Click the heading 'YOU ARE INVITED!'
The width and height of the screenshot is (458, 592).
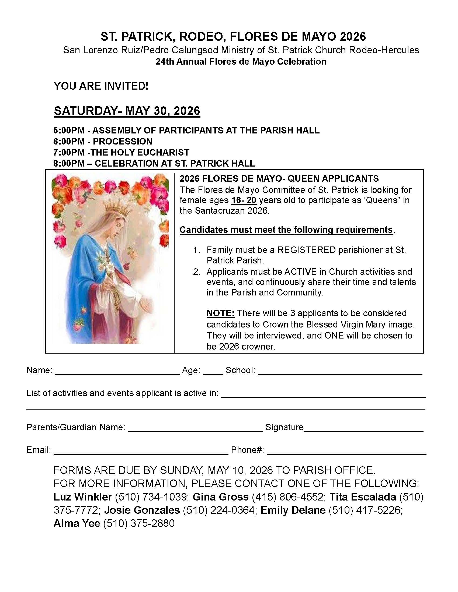(x=101, y=86)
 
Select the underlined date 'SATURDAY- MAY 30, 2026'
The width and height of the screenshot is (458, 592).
(x=127, y=111)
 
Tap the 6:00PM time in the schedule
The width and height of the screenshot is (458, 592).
(x=69, y=142)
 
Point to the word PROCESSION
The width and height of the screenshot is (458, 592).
(x=122, y=142)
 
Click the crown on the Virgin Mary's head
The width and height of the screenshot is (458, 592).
(x=117, y=208)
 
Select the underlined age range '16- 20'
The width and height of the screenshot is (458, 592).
(x=244, y=200)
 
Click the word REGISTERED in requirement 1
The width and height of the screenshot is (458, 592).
(x=307, y=250)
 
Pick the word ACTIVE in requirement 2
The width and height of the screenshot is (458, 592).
(x=300, y=272)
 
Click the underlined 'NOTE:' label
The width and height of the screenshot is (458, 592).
(x=220, y=313)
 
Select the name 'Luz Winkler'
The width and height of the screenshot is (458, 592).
(x=82, y=497)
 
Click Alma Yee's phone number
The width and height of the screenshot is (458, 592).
(x=139, y=523)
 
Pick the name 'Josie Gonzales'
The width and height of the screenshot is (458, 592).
(x=142, y=510)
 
